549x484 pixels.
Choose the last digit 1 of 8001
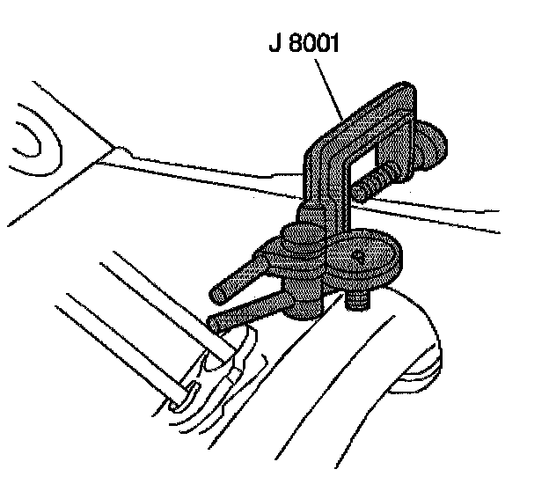pyautogui.click(x=340, y=43)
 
